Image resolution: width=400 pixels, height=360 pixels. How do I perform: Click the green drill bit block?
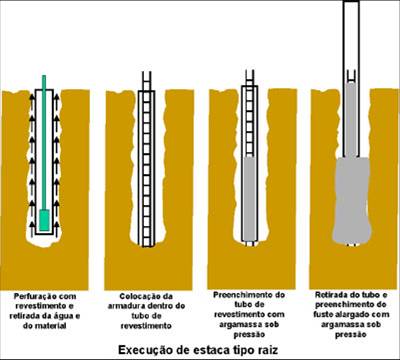[44, 220]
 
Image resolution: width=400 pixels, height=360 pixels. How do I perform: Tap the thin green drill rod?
[44, 142]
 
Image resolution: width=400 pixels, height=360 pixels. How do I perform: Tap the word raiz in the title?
[269, 350]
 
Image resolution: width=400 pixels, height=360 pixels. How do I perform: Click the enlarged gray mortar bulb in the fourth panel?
[352, 200]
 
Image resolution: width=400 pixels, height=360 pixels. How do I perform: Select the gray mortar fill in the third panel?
[249, 199]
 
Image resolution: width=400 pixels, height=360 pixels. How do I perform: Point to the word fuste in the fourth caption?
[323, 314]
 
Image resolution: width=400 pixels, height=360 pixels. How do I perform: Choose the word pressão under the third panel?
[249, 334]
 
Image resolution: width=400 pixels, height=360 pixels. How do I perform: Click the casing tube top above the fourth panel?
[352, 1]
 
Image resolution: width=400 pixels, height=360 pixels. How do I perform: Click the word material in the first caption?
[50, 326]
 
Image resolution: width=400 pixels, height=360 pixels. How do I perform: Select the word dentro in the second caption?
[171, 306]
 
